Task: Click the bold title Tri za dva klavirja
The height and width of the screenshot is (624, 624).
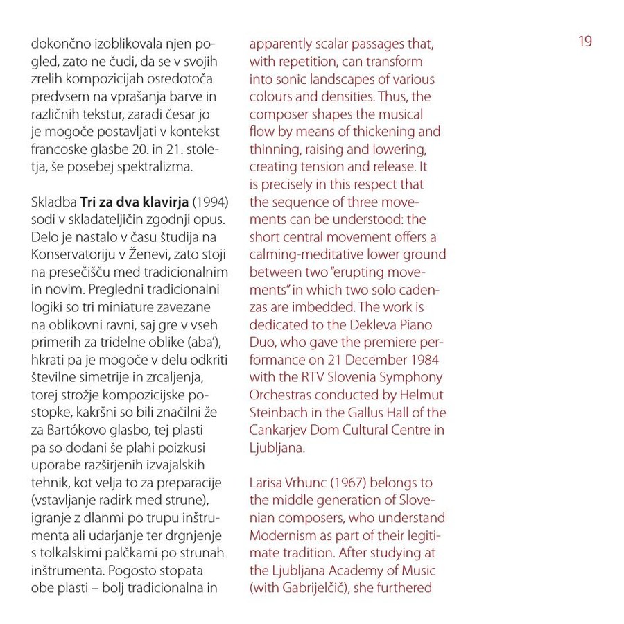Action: pos(135,202)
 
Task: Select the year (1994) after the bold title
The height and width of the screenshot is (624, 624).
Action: pos(210,202)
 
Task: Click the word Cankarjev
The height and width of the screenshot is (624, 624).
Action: pos(278,431)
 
